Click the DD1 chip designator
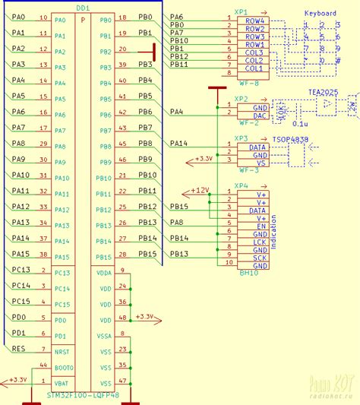83,7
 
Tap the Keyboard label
321,14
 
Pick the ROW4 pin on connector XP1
255,21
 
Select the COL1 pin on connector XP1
255,68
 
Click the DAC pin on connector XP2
258,115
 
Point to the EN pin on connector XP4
260,226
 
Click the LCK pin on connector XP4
260,242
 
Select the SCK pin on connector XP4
260,258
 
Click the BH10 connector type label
248,271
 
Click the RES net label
19,348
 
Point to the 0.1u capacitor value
299,122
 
